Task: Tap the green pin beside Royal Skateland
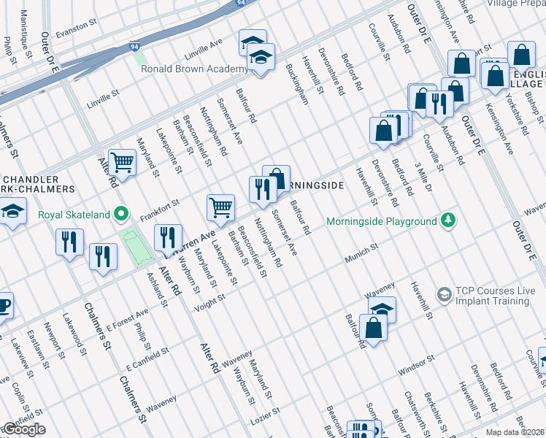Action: coord(123,214)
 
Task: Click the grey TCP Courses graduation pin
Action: coord(442,294)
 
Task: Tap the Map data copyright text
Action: coord(515,432)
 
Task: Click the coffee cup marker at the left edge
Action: coord(3,305)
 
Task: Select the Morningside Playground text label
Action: coord(381,220)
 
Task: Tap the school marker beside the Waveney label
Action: coord(382,308)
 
